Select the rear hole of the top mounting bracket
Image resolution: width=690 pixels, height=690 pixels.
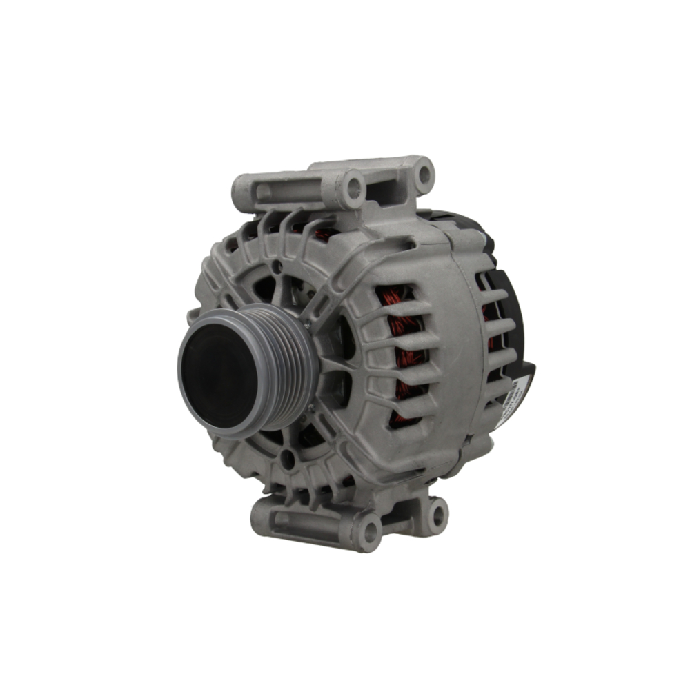click(423, 175)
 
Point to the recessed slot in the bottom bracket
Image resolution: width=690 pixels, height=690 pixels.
click(304, 519)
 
